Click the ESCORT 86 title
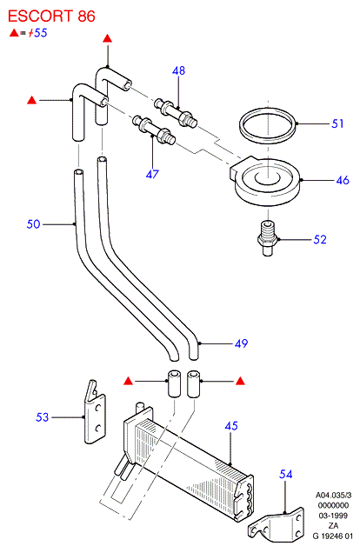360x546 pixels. (51, 16)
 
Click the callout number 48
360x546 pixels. (178, 70)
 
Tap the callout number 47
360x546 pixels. (152, 174)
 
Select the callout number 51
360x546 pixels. (337, 123)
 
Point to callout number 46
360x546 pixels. (343, 180)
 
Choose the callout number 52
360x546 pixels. (320, 240)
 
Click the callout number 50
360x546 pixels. (33, 224)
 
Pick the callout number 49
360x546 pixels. (241, 343)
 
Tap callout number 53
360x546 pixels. (42, 417)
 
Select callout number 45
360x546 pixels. (231, 426)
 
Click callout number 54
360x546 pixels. (286, 474)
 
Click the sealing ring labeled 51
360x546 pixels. (267, 125)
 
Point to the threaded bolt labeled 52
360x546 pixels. (267, 238)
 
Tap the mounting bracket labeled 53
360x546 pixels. (95, 413)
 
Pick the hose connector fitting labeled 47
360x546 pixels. (154, 130)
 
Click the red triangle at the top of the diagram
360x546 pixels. (108, 38)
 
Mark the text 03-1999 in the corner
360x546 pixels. (333, 516)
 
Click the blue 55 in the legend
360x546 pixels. (40, 33)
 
